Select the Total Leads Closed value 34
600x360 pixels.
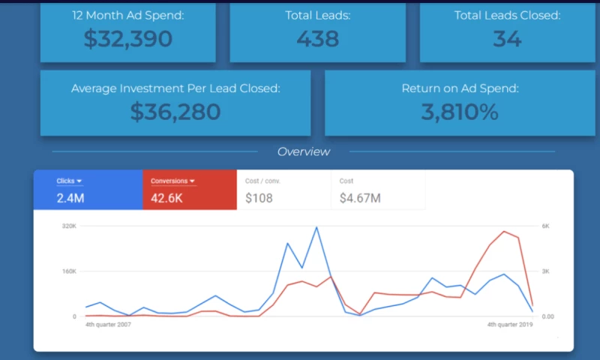pos(508,38)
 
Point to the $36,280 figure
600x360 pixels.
pos(175,112)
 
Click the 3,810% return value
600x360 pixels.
pos(460,112)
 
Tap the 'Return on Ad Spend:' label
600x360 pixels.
pos(460,88)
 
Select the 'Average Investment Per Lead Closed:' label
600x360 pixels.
pos(175,88)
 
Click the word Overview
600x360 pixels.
pos(303,151)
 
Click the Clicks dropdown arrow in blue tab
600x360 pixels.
pos(79,181)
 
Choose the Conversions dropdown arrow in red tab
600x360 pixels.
pos(192,181)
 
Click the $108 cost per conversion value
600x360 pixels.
pos(259,199)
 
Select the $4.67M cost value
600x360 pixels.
pos(360,199)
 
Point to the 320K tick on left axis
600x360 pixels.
pos(69,226)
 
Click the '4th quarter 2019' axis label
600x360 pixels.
pos(511,325)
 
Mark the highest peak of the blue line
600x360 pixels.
pos(316,227)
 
